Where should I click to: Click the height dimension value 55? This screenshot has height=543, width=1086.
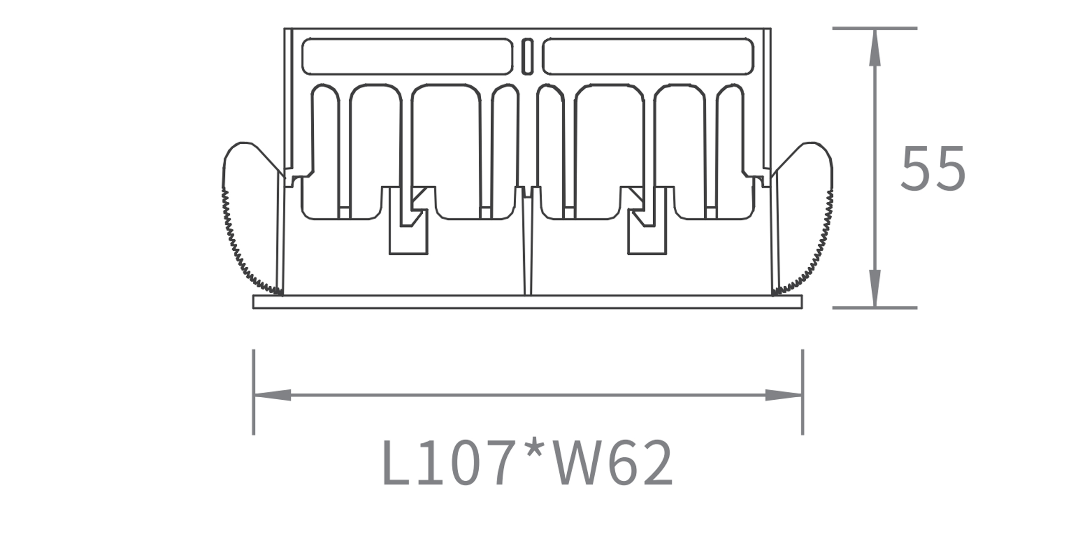pos(933,168)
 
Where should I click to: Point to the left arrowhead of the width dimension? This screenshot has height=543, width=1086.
pos(272,395)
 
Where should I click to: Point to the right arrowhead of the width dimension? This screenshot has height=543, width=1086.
pos(784,395)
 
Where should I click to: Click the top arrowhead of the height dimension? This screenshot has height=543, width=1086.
pos(875,47)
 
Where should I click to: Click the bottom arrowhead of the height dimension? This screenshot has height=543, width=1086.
pos(875,288)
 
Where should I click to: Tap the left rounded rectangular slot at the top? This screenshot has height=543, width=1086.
pos(407,56)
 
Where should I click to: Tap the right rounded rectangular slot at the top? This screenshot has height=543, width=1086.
pos(648,56)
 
